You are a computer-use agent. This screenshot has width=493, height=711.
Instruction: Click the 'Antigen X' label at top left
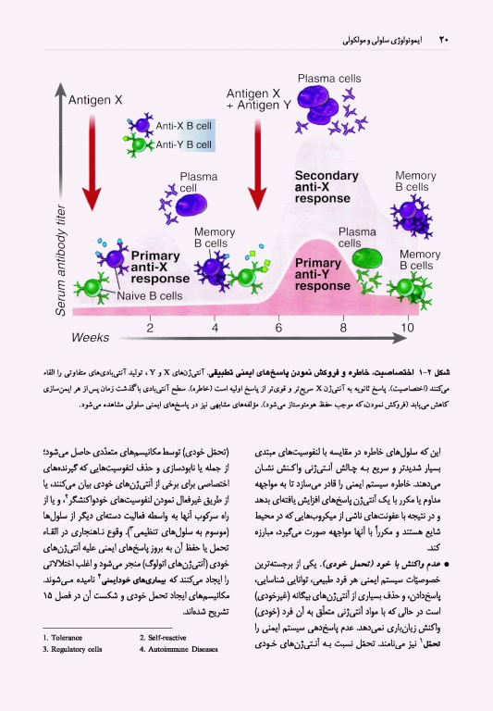coord(97,98)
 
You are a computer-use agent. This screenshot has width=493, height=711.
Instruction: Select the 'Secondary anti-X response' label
coord(323,185)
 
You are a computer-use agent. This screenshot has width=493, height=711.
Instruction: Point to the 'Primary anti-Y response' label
coord(317,274)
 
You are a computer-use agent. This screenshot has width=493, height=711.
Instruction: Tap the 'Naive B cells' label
coord(149,297)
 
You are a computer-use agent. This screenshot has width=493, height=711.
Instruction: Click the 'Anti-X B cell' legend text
coord(184,126)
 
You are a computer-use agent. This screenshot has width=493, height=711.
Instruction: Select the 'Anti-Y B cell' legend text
coord(184,144)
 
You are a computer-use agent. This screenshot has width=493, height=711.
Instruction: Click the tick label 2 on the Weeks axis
coord(150,327)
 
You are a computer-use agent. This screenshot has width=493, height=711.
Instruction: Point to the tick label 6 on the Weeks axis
coord(278,327)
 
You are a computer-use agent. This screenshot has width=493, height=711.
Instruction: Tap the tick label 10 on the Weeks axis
coord(408,327)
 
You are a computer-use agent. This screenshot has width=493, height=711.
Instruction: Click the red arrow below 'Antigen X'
coord(91,167)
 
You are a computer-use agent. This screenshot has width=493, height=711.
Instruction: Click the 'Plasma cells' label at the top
coord(328,79)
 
